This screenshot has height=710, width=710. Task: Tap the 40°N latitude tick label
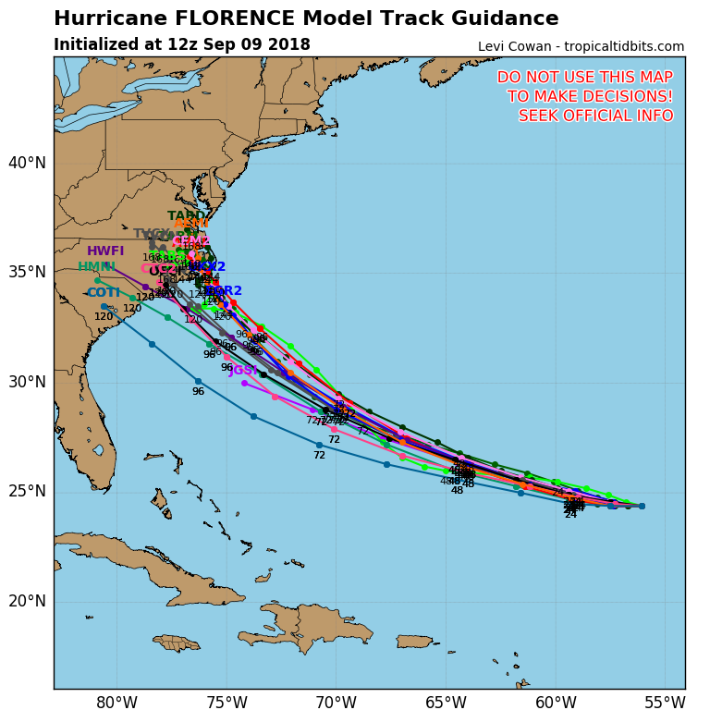(x=27, y=164)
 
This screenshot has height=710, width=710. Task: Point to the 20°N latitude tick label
(x=27, y=601)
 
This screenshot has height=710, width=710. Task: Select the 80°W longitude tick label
(x=116, y=702)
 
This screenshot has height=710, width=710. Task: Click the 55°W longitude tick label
(x=665, y=702)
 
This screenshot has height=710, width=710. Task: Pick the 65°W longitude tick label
(x=446, y=702)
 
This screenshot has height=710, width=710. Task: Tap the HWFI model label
(x=105, y=251)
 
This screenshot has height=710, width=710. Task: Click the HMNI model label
(x=96, y=267)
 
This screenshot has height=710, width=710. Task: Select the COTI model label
(x=104, y=293)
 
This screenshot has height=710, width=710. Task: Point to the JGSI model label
(x=243, y=371)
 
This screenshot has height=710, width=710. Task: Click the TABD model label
(x=186, y=216)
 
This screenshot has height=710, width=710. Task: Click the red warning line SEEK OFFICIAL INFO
(x=595, y=116)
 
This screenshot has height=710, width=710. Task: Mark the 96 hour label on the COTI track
(x=198, y=392)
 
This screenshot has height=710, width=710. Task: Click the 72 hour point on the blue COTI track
(x=319, y=445)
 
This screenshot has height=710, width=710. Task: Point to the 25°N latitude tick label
(x=27, y=491)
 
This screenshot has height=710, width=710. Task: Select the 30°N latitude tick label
(x=27, y=382)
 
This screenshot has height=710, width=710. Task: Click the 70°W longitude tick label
(x=336, y=702)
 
